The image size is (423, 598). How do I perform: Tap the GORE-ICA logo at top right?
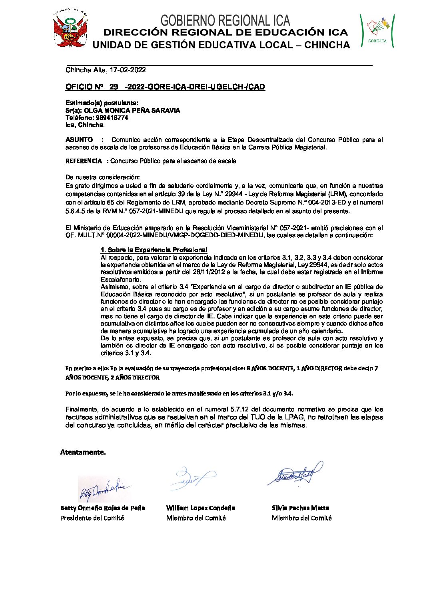(377, 30)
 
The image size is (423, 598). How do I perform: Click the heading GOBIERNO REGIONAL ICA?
(225, 20)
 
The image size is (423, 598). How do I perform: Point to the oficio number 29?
(114, 87)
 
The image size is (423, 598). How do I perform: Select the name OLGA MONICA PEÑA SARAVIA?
(132, 110)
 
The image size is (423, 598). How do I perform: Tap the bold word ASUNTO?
(79, 140)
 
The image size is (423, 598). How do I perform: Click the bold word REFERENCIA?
(84, 161)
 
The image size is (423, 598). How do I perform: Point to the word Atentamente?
(83, 452)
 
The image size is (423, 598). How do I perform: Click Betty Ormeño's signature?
(104, 489)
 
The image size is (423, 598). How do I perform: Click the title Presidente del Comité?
(92, 518)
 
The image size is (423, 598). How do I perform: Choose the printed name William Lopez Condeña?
(201, 508)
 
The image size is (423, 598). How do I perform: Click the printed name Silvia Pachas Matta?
(300, 508)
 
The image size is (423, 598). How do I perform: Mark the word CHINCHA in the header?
(327, 45)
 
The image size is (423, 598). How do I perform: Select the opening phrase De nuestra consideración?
(103, 177)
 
